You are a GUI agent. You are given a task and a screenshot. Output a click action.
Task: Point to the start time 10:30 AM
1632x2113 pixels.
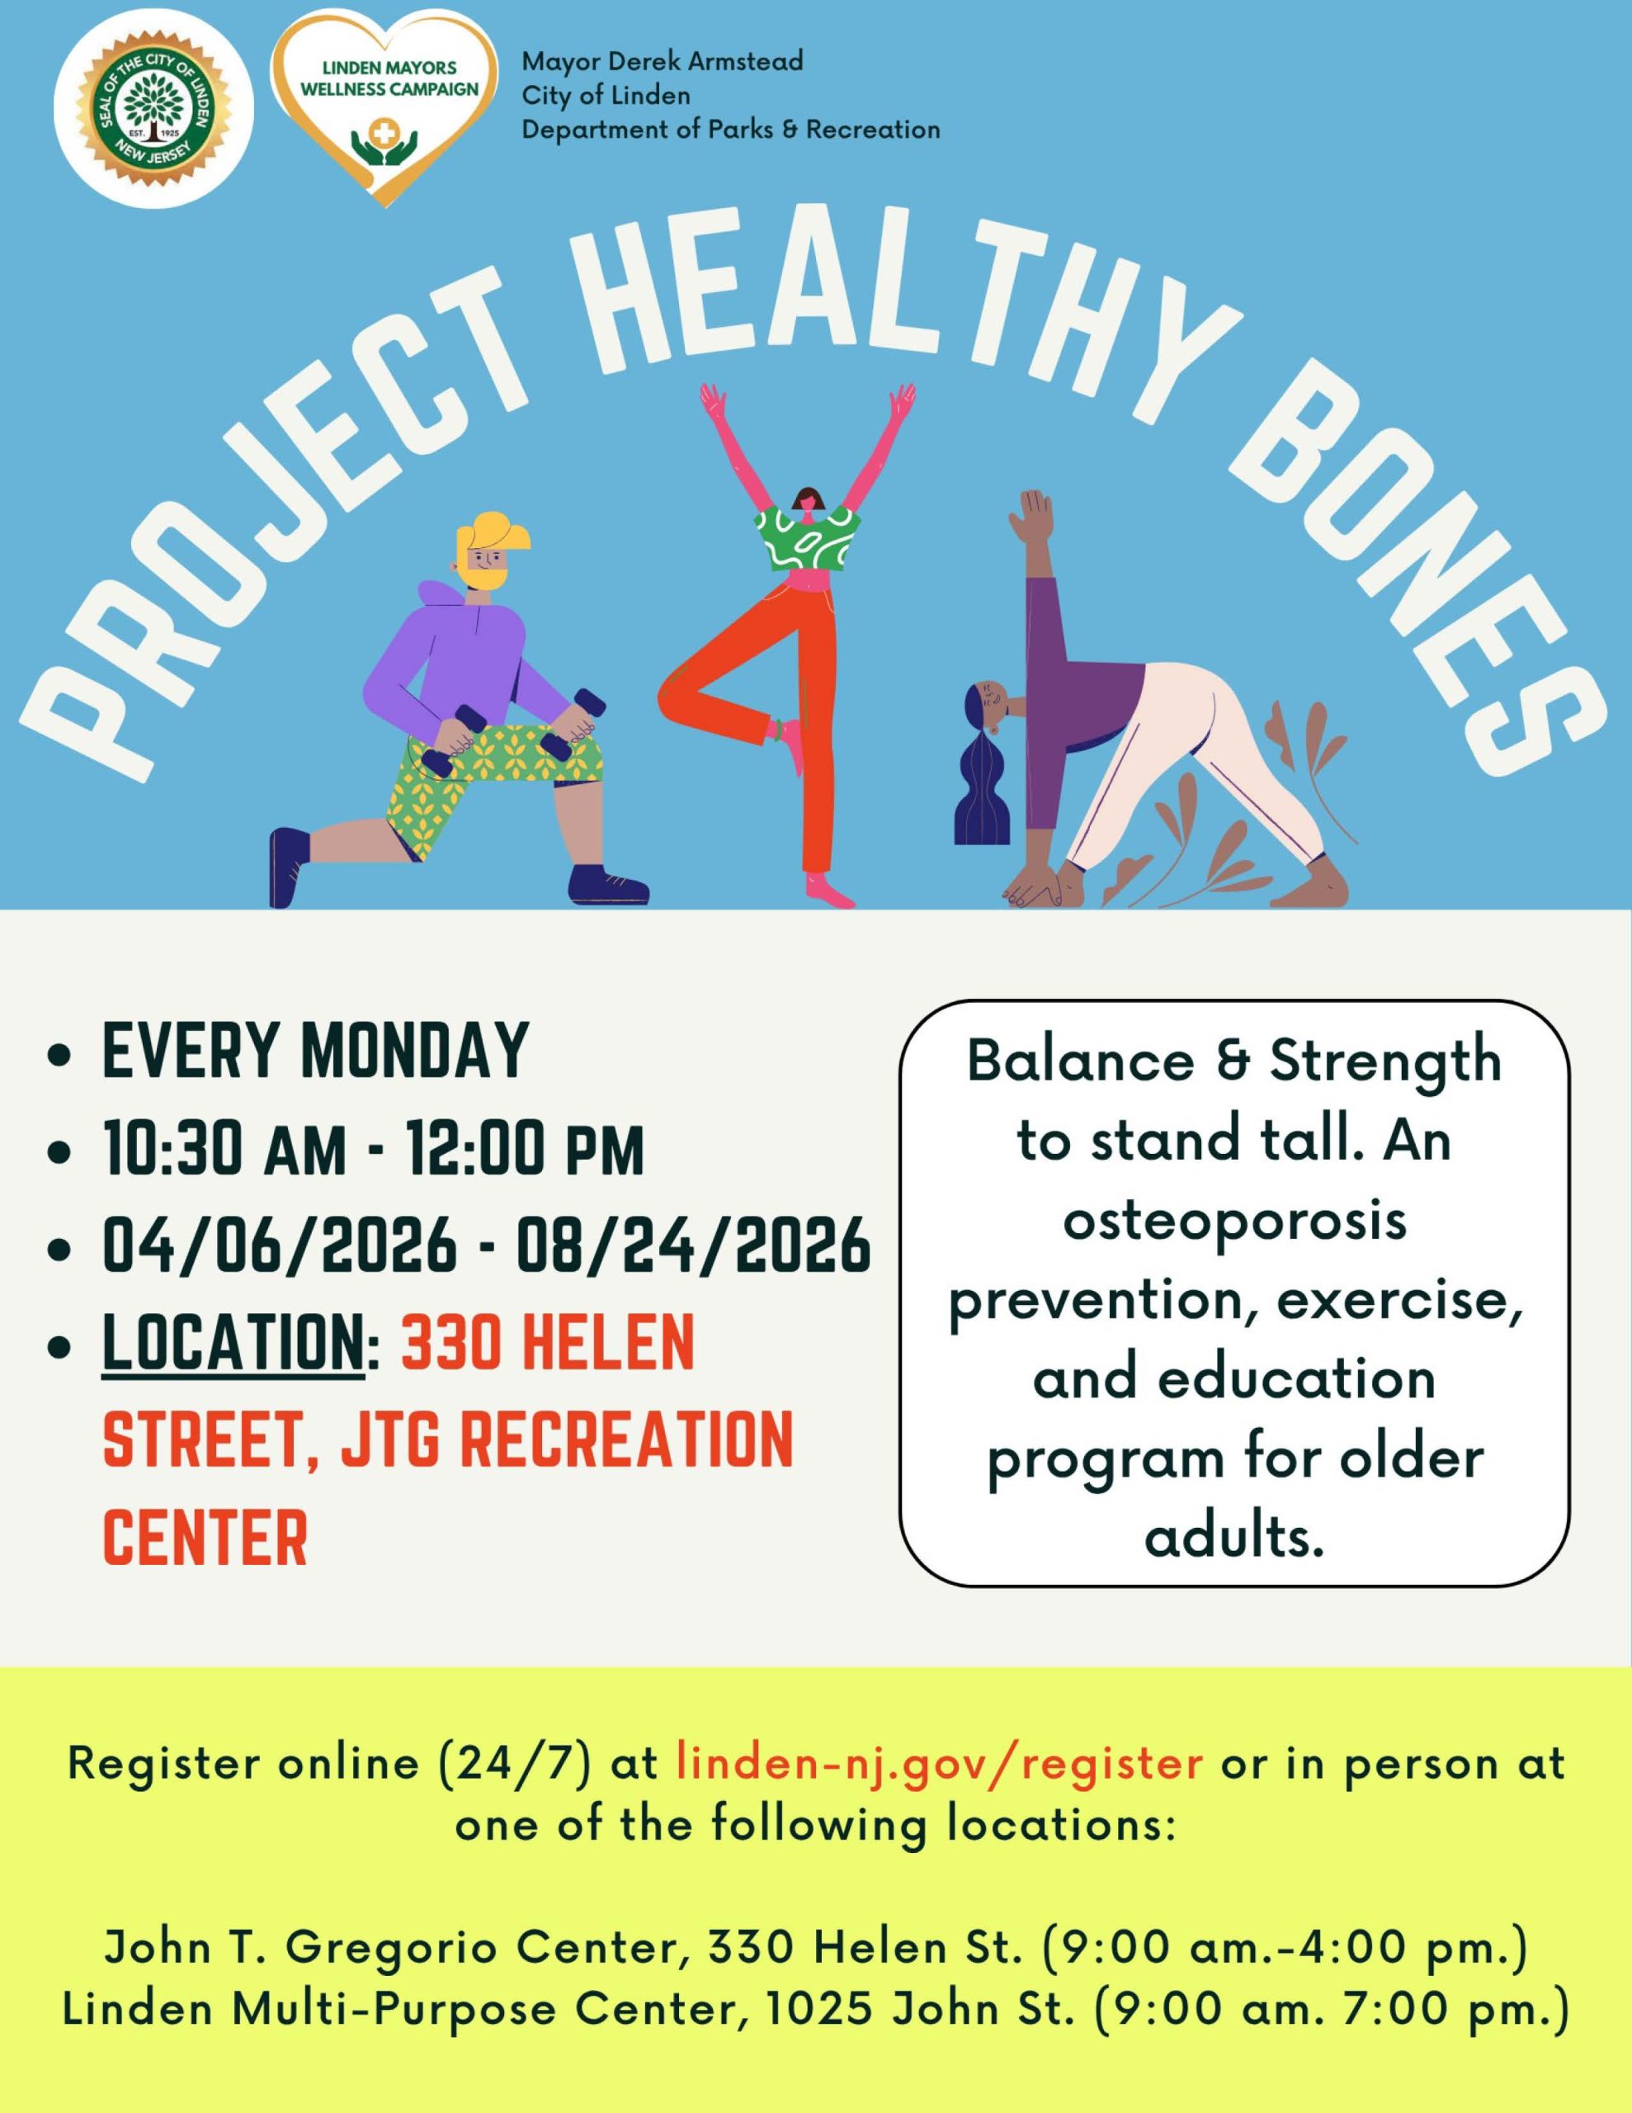[x=224, y=1151]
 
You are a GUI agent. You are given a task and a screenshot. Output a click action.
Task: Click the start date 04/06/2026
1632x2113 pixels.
[x=280, y=1246]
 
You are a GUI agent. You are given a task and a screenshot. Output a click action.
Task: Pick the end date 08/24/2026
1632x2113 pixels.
[x=694, y=1246]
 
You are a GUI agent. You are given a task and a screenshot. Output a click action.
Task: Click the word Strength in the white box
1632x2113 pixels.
[x=1384, y=1062]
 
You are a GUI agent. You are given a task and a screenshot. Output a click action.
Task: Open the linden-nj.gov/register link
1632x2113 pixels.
[x=939, y=1765]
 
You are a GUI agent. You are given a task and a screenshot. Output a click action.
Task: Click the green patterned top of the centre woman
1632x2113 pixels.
[x=808, y=540]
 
